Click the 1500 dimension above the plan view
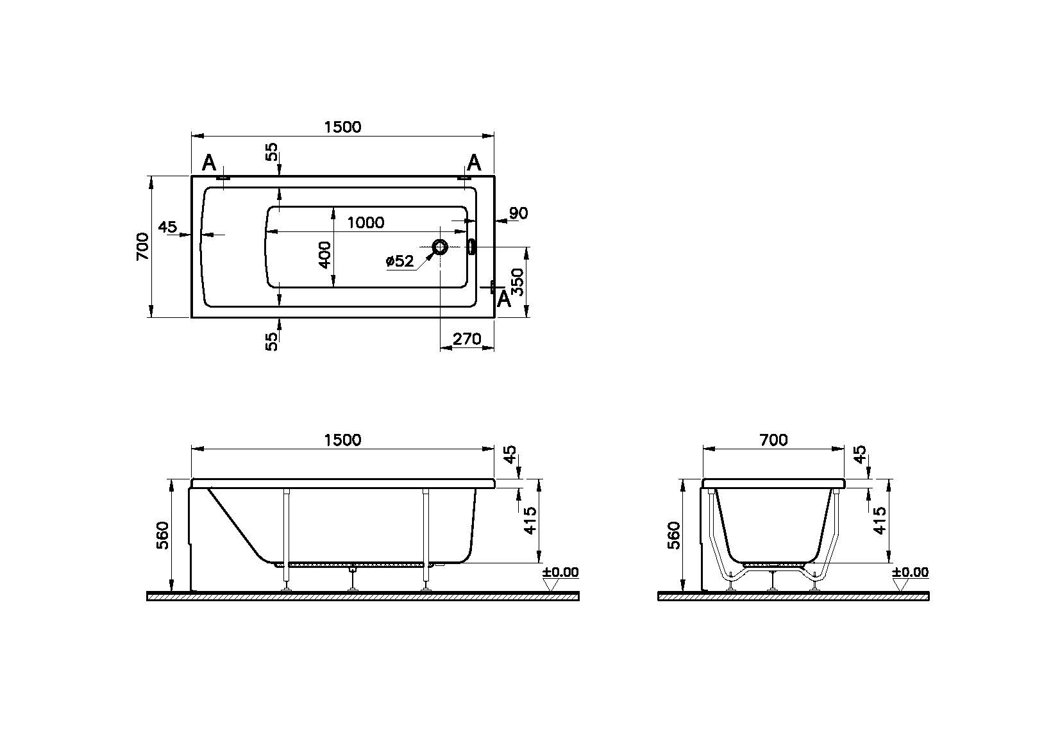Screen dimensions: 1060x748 point(342,127)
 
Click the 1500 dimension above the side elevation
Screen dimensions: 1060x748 point(342,440)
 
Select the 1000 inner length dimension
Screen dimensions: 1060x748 point(366,222)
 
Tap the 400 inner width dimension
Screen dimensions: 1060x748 point(324,254)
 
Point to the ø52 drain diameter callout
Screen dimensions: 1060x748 point(400,261)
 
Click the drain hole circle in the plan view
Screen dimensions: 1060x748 point(440,247)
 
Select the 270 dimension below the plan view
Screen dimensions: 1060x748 point(467,339)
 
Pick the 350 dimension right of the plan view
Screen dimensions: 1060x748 point(518,282)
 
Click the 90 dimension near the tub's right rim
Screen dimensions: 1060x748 point(519,213)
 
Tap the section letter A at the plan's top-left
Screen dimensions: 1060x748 point(208,163)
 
